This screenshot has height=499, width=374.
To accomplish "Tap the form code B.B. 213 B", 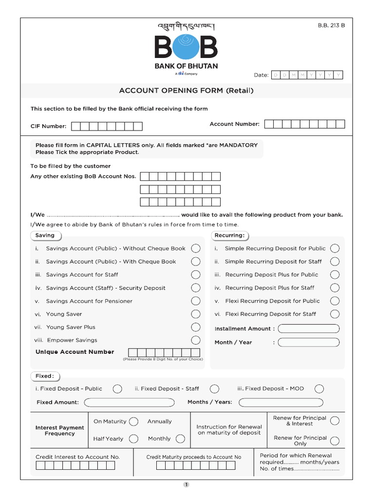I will pyautogui.click(x=331, y=26).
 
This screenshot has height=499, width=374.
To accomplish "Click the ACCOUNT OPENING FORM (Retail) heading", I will pyautogui.click(x=187, y=91).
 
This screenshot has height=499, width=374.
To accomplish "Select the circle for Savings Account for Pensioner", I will pyautogui.click(x=196, y=301).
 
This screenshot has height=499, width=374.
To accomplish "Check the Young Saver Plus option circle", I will pyautogui.click(x=196, y=327).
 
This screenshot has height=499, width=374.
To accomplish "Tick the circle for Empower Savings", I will pyautogui.click(x=196, y=340).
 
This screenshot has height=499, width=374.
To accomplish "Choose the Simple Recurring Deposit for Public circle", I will pyautogui.click(x=335, y=249).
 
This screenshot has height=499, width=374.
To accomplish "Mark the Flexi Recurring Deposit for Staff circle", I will pyautogui.click(x=335, y=314).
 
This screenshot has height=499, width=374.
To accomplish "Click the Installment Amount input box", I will pyautogui.click(x=309, y=329).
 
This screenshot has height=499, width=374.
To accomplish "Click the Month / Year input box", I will pyautogui.click(x=309, y=343).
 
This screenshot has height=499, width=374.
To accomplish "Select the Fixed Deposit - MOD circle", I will pyautogui.click(x=319, y=388).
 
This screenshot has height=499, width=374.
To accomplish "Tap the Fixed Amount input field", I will pyautogui.click(x=129, y=403).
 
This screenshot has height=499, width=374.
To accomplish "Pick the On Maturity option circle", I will pyautogui.click(x=134, y=422).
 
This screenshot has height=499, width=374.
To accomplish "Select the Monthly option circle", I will pyautogui.click(x=180, y=439).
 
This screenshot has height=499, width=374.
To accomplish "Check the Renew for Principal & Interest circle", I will pyautogui.click(x=335, y=421).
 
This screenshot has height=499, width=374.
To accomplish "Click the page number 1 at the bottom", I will pyautogui.click(x=187, y=484).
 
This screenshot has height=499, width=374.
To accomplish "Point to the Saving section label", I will pyautogui.click(x=46, y=235).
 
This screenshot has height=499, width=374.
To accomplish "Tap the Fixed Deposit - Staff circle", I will pyautogui.click(x=214, y=388).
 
